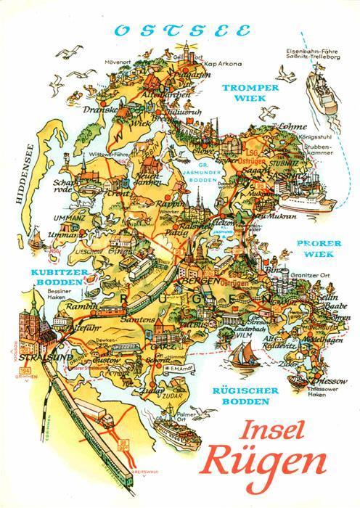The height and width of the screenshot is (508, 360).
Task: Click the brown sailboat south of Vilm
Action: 240,356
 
